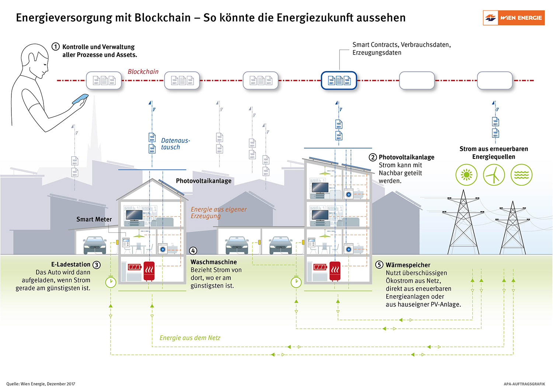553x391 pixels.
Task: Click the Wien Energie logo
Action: point(514,18)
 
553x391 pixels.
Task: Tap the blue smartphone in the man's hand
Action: point(80,99)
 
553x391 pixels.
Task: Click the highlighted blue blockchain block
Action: point(339,80)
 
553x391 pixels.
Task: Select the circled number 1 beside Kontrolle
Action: point(56,47)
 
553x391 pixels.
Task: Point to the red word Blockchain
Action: point(143,71)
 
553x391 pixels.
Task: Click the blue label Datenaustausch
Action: point(175,144)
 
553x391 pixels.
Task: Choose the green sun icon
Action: point(466,175)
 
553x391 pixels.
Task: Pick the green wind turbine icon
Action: point(494,175)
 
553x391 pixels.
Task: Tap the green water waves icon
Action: point(521,175)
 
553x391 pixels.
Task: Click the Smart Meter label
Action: point(94,219)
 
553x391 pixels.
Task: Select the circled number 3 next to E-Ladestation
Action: point(96,265)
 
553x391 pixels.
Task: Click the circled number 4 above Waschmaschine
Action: point(193,251)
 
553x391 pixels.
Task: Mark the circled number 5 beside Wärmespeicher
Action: point(379,265)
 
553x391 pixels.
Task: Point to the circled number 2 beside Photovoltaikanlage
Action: point(373,157)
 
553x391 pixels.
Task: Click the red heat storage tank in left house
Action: point(149,271)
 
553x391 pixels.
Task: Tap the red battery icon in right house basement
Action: point(320,267)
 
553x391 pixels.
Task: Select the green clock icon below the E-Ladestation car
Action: point(111,282)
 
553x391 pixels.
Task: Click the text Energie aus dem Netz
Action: point(190,338)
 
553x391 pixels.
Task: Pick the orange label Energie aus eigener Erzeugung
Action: point(218,213)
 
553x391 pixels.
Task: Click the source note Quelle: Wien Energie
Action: point(41,384)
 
